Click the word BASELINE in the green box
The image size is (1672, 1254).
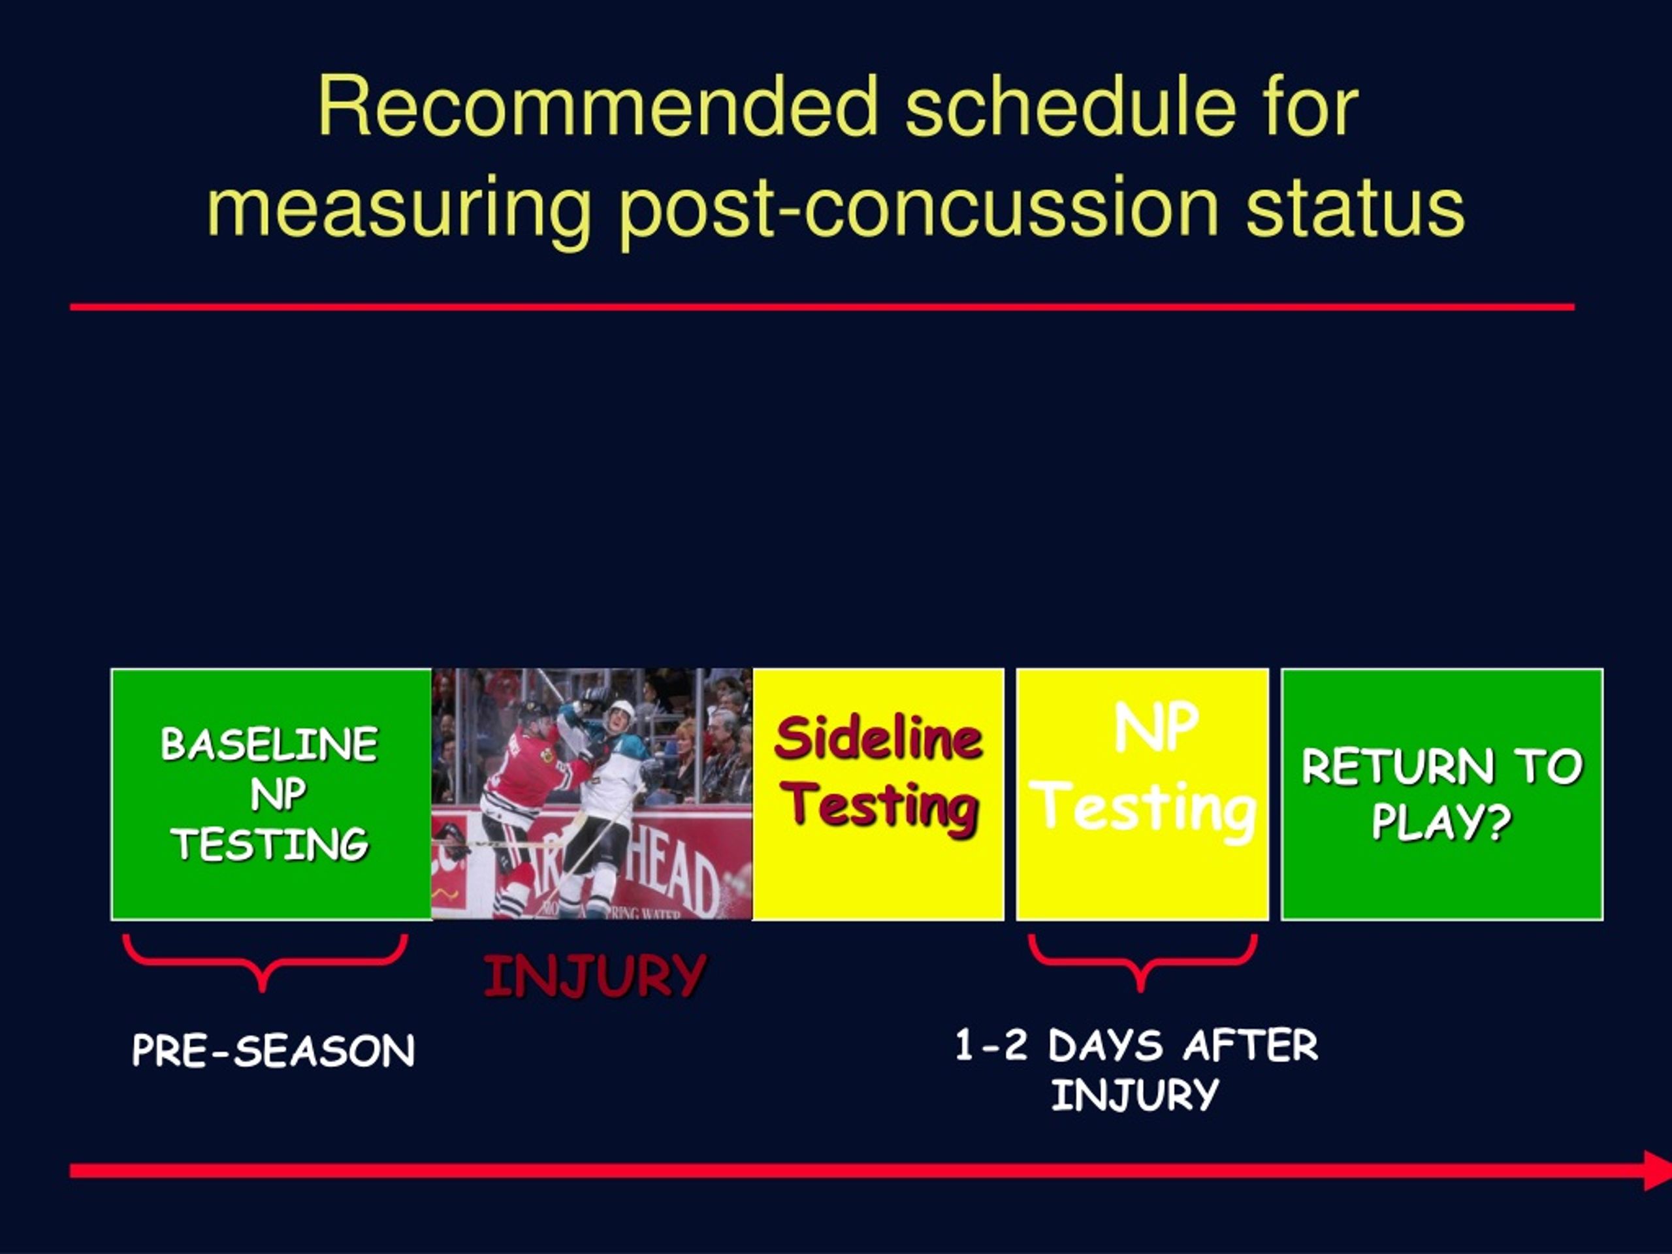tap(269, 744)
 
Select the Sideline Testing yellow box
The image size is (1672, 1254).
tap(878, 794)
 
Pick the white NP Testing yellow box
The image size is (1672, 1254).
tap(1142, 794)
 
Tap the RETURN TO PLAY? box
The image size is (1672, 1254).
tap(1442, 794)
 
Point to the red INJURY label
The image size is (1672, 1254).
tap(595, 975)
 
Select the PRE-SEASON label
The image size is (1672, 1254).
tap(273, 1051)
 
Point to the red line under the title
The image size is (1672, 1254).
tap(822, 307)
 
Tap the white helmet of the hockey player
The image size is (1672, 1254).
tap(621, 712)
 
